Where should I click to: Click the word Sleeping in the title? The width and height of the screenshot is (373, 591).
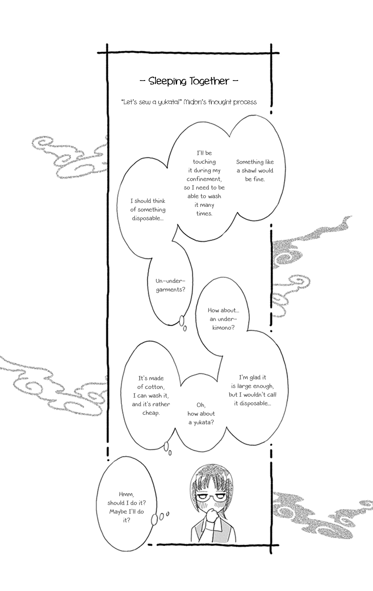167,81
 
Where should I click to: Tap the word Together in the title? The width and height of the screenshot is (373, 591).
209,81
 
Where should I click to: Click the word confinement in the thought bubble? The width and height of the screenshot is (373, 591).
204,179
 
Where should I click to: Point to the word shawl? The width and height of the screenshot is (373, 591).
249,170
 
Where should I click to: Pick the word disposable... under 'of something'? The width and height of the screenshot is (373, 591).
148,218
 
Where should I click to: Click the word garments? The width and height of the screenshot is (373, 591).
171,290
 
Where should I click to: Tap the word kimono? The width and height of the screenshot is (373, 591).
223,328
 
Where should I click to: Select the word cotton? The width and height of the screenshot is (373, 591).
154,387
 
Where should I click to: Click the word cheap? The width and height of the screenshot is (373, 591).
151,413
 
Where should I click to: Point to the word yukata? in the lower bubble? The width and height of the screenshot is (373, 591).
204,423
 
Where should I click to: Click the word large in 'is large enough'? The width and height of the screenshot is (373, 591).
244,386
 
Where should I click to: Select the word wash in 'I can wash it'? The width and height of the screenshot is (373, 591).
155,396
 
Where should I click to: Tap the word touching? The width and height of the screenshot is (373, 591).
204,162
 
